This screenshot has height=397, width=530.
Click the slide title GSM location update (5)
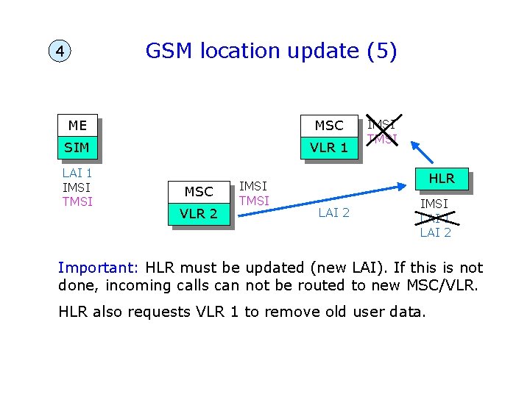click(x=271, y=51)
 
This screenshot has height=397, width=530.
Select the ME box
click(x=77, y=125)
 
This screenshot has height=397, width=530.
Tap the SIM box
click(x=77, y=148)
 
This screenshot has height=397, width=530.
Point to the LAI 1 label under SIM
click(x=77, y=174)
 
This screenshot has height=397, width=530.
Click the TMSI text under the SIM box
click(x=77, y=201)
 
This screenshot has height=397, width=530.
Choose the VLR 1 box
click(x=329, y=148)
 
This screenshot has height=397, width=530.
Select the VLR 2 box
click(x=199, y=215)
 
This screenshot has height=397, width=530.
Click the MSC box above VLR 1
click(x=329, y=126)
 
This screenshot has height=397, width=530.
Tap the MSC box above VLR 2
click(x=199, y=192)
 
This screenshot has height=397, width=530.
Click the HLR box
click(x=442, y=178)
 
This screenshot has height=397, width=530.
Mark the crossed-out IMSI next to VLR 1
click(x=381, y=124)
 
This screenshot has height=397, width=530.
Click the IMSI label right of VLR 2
click(x=254, y=187)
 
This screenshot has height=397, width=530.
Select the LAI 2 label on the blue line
click(x=333, y=213)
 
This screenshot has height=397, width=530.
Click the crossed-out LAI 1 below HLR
click(x=435, y=218)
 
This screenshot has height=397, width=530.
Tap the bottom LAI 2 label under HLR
click(x=435, y=232)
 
